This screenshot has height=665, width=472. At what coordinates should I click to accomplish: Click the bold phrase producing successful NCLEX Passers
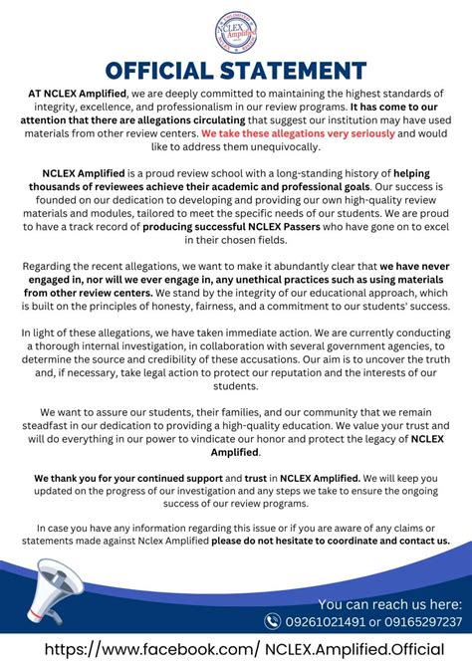tap(223, 227)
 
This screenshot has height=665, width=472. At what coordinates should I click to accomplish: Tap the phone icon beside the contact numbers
tap(273, 621)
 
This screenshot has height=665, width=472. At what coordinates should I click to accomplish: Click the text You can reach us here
tap(389, 603)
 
